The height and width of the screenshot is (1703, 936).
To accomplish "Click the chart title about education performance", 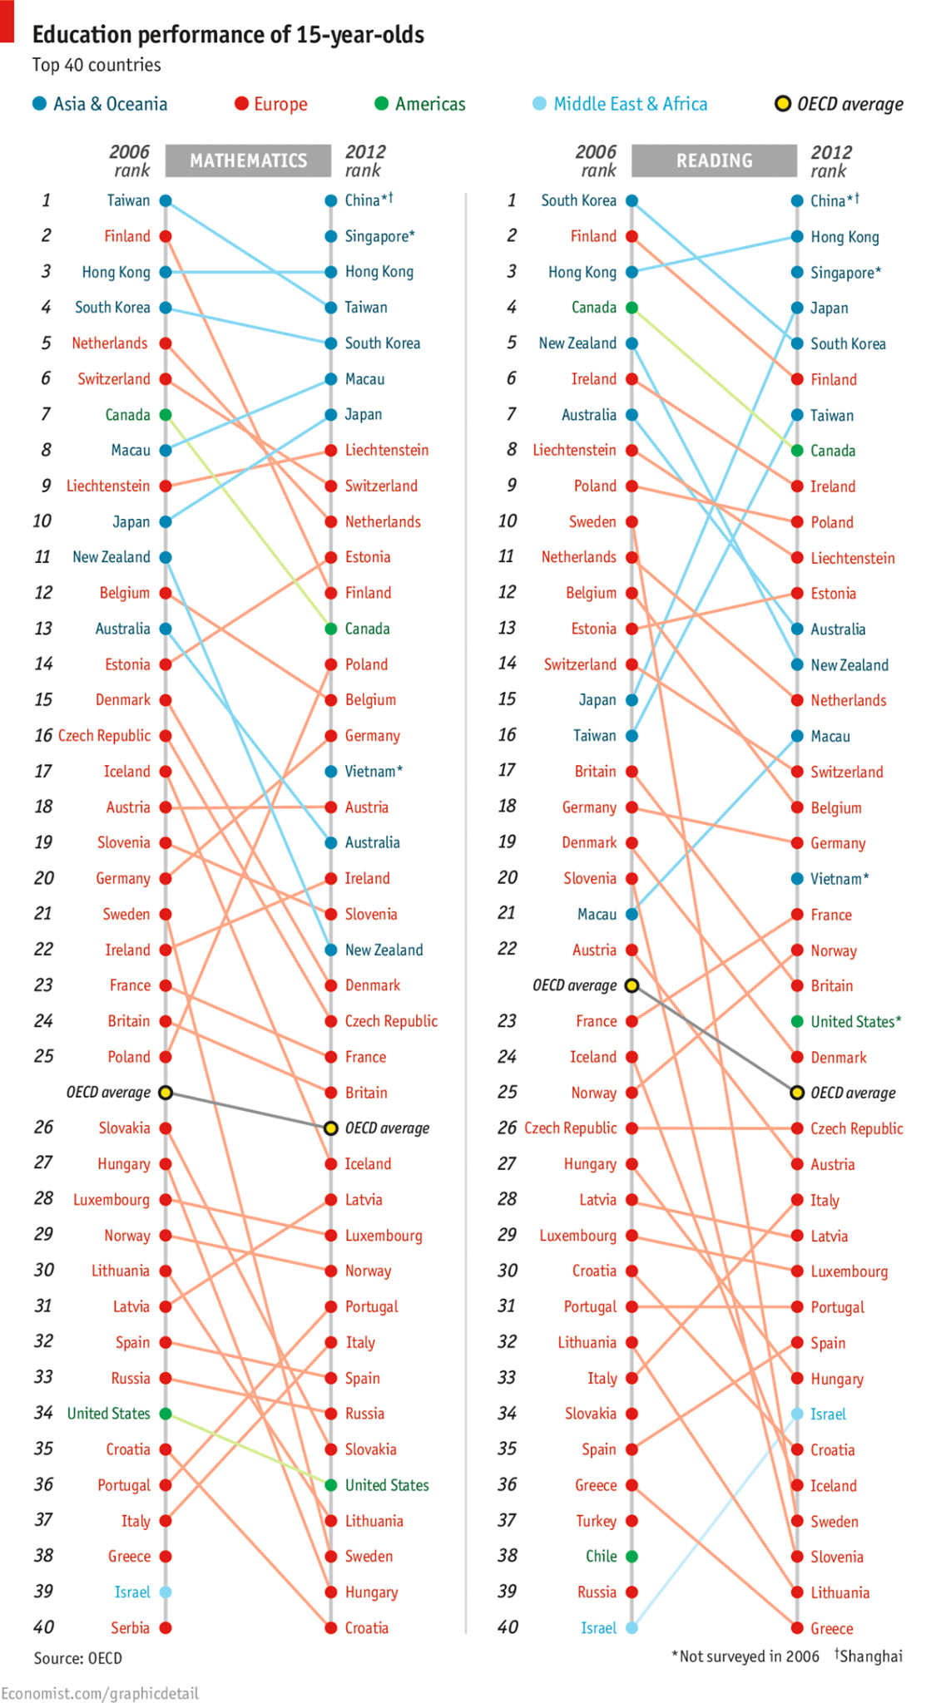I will click(228, 35).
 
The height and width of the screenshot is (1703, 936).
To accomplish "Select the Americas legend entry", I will click(429, 104).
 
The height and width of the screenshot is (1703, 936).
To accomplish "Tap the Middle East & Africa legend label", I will click(630, 104).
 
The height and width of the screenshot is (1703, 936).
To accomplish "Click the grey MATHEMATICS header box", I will click(248, 160).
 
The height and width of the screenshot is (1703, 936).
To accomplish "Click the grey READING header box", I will click(714, 160).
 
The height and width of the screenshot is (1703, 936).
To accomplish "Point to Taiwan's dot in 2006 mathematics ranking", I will click(166, 200).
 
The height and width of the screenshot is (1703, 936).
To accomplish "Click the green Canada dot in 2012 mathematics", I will click(330, 629).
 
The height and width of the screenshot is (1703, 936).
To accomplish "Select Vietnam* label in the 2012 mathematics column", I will click(374, 771).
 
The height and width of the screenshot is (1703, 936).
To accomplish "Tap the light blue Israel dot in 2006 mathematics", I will click(166, 1592).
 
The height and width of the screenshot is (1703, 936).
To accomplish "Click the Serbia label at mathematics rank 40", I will click(131, 1627).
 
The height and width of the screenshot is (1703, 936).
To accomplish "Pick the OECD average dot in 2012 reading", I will click(796, 1093).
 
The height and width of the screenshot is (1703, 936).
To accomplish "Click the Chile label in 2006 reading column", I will click(601, 1556).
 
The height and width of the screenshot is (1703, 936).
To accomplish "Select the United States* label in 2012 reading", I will click(855, 1021).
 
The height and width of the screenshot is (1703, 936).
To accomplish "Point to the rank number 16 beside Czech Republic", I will click(43, 735).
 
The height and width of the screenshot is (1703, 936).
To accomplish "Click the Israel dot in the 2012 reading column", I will click(796, 1414).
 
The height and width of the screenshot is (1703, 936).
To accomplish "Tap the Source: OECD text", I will click(77, 1658).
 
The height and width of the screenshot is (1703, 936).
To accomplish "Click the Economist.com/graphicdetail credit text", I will click(100, 1693).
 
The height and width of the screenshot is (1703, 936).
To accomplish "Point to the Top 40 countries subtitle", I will click(97, 65).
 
